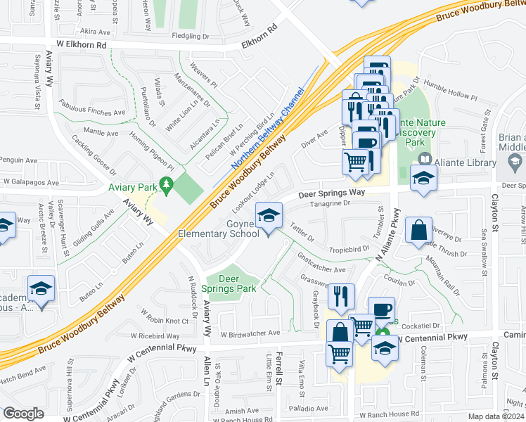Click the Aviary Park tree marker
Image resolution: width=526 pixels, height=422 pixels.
point(167,186)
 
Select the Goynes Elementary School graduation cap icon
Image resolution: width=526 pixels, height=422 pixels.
point(268,215)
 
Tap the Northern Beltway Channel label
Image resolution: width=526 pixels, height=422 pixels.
point(264,132)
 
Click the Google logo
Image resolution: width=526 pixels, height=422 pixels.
point(23,414)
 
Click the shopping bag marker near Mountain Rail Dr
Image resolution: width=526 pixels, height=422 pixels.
point(418,229)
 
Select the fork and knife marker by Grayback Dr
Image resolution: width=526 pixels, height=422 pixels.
point(341,297)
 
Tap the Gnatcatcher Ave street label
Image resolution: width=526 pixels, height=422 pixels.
point(322,265)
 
